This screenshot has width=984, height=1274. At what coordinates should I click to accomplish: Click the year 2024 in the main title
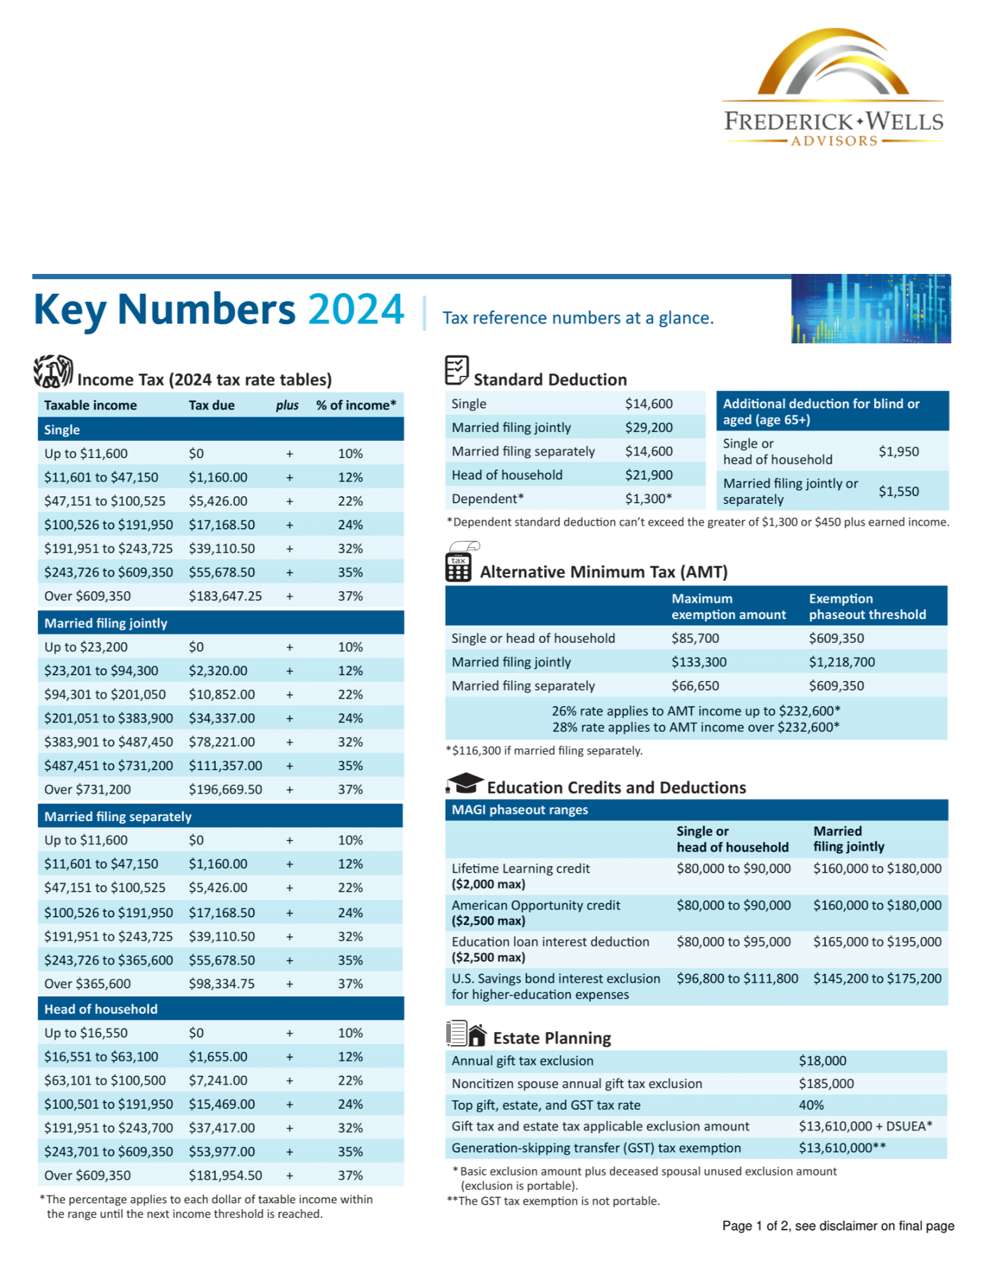point(355,310)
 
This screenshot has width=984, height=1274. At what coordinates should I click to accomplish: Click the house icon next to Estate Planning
point(477,1035)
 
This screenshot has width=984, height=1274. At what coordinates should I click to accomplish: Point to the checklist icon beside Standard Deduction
point(457,370)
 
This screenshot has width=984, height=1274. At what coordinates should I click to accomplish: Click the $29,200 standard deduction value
point(648,427)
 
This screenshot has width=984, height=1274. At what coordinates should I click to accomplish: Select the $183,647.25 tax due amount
point(225,596)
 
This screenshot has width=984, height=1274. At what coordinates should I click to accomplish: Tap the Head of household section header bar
point(220,1009)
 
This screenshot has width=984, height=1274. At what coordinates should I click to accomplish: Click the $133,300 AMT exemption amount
point(699,662)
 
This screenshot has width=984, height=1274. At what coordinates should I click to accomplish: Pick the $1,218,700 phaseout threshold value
point(841,662)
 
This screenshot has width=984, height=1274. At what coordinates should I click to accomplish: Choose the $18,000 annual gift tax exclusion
point(822,1061)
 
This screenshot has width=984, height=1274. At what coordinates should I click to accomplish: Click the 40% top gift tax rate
point(811,1105)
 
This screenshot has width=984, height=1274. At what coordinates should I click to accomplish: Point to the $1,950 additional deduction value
point(898,452)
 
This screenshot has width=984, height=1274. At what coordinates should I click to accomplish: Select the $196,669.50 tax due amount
point(225,789)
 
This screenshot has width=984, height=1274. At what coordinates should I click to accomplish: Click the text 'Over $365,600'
point(87,984)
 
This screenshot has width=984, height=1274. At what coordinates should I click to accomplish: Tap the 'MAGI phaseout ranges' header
point(520,810)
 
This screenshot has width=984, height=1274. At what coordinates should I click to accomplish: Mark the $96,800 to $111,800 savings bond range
point(737,978)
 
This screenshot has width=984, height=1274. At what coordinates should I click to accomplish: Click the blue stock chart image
point(871,309)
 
